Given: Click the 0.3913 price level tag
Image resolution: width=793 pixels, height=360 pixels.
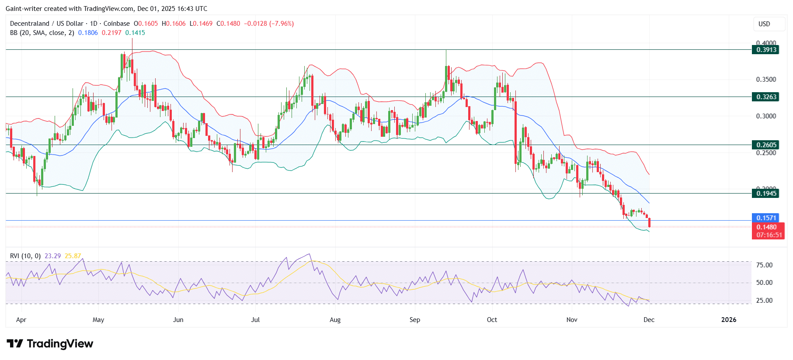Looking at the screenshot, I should coord(766,50).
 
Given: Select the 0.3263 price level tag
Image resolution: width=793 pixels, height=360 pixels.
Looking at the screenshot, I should coord(766,97).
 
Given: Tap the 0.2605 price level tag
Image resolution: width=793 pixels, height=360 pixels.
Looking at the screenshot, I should coord(766,145).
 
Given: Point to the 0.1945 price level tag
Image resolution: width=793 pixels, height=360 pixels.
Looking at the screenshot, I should coord(766,193).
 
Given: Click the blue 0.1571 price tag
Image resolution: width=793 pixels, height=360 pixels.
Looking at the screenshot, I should coord(766,218).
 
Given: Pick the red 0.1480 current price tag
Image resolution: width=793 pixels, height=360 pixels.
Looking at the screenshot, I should coord(766,227).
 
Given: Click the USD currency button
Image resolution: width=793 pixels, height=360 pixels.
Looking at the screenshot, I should coord(764,24).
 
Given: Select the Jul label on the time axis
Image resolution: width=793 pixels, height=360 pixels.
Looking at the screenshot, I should coord(255,320).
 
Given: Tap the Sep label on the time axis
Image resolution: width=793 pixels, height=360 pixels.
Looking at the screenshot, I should coord(414,320).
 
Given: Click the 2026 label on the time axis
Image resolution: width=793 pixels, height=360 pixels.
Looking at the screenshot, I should coord(728,320).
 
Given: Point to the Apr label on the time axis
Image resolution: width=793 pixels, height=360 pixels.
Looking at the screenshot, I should coord(21,320).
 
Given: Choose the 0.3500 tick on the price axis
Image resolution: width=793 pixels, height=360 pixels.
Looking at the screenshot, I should coord(766,80).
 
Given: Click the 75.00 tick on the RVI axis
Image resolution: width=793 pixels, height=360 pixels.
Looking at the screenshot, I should coord(764,265).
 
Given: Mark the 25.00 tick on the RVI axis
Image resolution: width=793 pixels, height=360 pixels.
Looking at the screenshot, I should coord(764,301).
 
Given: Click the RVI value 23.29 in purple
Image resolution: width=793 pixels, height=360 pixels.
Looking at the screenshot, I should coord(52,256).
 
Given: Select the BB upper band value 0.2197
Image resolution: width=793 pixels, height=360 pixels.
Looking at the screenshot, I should coord(111,33).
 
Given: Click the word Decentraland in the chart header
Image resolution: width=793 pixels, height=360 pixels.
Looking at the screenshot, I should coord(30,24).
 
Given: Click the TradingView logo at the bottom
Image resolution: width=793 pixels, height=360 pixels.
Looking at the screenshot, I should coord(50,344).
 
